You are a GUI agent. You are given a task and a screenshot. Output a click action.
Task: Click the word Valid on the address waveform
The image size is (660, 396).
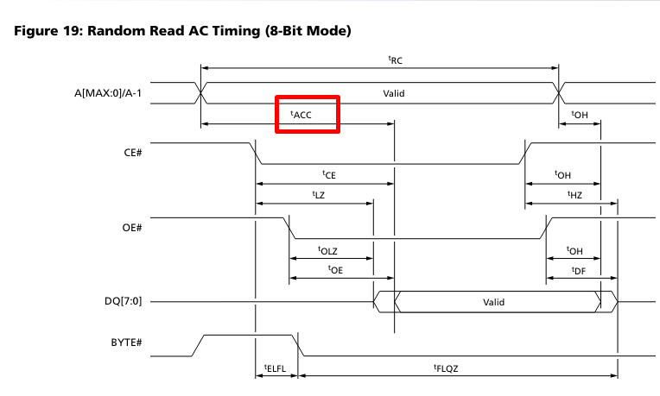394,91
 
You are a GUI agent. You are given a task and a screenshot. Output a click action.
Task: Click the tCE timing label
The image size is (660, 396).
328,174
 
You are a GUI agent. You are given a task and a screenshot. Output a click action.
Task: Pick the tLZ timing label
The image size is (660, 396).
318,195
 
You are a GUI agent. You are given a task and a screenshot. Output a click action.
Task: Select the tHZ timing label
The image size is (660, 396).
575,195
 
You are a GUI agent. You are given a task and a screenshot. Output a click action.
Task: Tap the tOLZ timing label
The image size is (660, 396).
329,250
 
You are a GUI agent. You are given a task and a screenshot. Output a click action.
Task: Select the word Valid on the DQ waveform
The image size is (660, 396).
493,303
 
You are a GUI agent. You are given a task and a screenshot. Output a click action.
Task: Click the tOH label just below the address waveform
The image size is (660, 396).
579,115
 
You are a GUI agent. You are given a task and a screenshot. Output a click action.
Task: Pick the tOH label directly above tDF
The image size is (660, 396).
574,250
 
